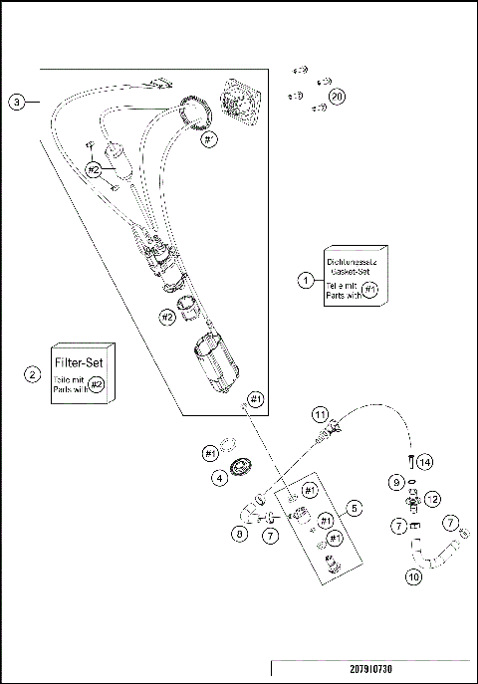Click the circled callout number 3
tap(17, 102)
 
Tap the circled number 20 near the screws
tap(338, 97)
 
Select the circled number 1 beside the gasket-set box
tap(307, 280)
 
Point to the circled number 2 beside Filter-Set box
tap(33, 374)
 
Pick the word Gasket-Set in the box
tap(351, 271)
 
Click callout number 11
tap(319, 412)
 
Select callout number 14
tap(425, 463)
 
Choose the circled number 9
tap(397, 482)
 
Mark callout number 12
tap(432, 498)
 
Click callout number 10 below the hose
tap(413, 575)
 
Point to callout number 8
tap(239, 534)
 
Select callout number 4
tap(218, 478)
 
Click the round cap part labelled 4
tap(241, 469)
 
